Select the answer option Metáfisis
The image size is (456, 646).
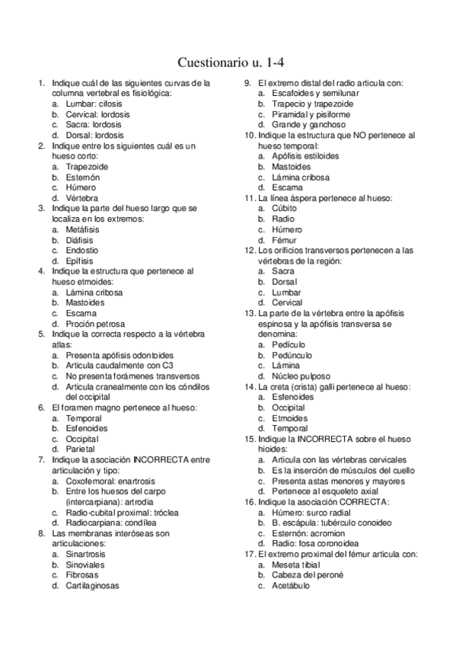[x=84, y=229]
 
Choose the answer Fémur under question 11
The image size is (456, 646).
[x=285, y=239]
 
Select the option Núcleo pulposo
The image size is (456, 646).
[x=301, y=376]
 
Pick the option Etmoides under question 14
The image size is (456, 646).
[x=289, y=418]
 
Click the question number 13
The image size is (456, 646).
[x=249, y=313]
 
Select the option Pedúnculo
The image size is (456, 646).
[x=292, y=355]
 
